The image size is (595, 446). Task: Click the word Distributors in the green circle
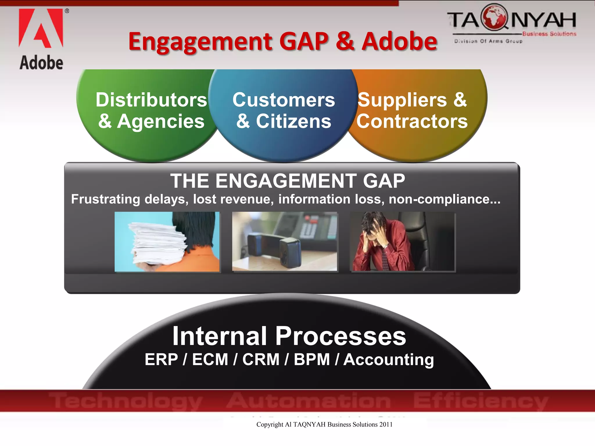point(151,100)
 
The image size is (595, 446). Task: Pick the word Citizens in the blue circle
point(293,121)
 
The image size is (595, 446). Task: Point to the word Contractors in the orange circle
point(412,121)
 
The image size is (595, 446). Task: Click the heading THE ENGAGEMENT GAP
point(287,181)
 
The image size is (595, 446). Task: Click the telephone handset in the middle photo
point(275,247)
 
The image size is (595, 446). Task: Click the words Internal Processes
point(289,336)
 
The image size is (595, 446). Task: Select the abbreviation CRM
point(261,359)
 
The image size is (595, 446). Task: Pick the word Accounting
point(389,359)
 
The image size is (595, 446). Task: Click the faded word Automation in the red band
point(309,401)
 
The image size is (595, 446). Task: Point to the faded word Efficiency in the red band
point(481,401)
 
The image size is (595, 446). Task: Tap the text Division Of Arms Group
point(488,41)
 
